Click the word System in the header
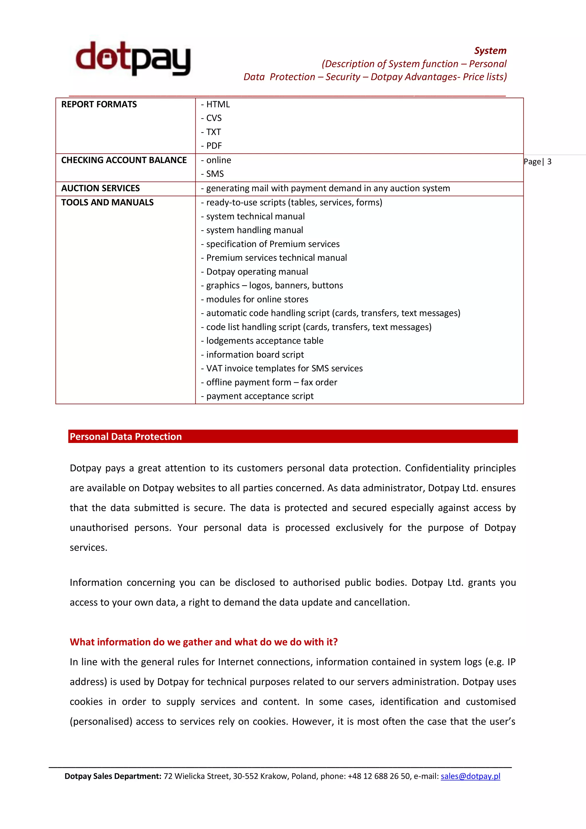click(490, 51)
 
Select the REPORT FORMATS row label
click(99, 104)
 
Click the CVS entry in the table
click(213, 118)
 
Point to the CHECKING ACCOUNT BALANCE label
click(124, 160)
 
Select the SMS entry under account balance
click(215, 174)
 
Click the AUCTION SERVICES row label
click(100, 188)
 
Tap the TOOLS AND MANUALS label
click(107, 203)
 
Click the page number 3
click(549, 162)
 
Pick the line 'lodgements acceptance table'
click(264, 341)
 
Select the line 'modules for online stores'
click(257, 299)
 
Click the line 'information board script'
click(255, 355)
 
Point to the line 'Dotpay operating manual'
click(257, 272)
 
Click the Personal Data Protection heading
click(126, 436)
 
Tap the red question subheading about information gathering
click(204, 642)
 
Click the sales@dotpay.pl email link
click(470, 776)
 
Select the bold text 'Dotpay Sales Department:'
click(113, 776)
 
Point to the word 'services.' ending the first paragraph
click(88, 548)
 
